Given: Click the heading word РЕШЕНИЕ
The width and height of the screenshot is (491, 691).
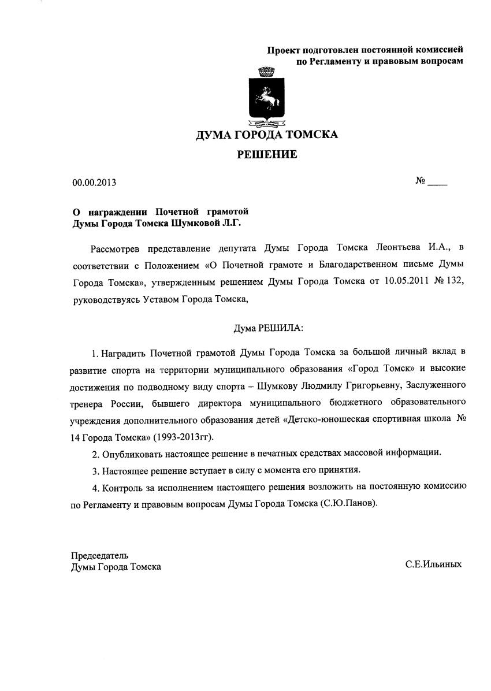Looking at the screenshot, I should [267, 154].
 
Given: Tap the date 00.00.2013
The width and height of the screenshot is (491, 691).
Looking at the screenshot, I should [94, 183].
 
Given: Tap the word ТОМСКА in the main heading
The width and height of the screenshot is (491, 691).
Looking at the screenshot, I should [310, 135].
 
